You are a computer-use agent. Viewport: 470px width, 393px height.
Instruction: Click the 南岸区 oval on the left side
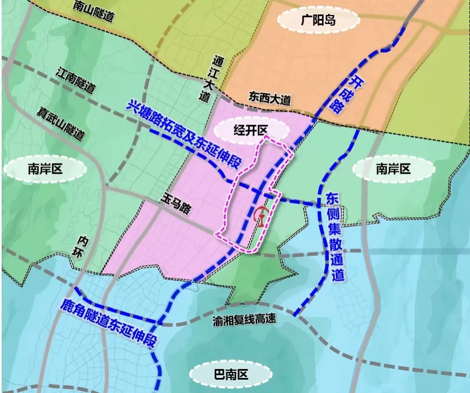pyautogui.click(x=46, y=169)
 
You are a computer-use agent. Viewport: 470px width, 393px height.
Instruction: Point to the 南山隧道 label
pyautogui.click(x=93, y=11)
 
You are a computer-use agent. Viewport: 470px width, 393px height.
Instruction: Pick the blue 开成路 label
pyautogui.click(x=348, y=93)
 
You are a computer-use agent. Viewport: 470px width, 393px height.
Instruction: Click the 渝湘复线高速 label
pyautogui.click(x=244, y=322)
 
